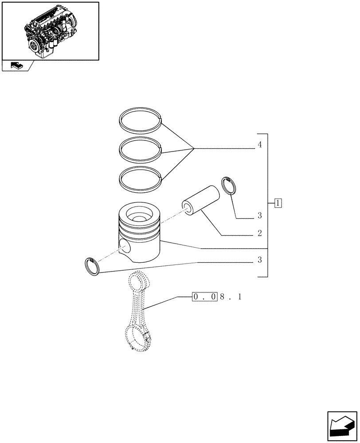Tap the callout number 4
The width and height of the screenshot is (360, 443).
pos(260,145)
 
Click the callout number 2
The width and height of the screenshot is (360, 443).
pos(260,233)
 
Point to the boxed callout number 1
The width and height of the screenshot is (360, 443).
pos(278,204)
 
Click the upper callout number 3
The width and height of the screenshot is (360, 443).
pos(260,216)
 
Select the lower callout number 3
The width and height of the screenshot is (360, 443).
pos(260,260)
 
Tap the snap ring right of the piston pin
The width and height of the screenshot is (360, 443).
pos(229,185)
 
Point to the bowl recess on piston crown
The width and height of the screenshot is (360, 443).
pos(140,217)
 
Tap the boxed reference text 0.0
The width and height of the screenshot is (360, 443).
pos(204,297)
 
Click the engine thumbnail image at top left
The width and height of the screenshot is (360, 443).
pos(50,31)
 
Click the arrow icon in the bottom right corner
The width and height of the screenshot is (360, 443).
pos(342,426)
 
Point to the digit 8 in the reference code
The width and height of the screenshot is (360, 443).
pos(222,297)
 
